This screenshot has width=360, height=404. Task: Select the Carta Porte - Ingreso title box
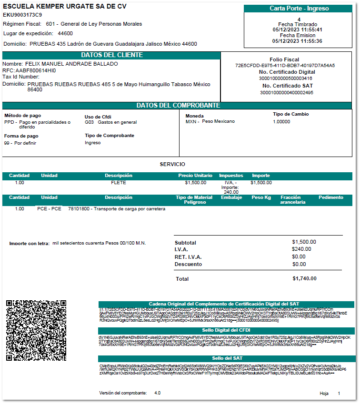299,9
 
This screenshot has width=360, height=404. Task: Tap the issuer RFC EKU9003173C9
22,15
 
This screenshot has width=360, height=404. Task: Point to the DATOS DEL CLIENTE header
111,55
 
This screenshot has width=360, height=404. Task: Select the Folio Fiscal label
285,59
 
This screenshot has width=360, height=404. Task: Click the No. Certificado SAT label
285,86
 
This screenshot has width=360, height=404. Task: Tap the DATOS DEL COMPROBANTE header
178,105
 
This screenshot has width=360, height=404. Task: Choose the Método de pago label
22,115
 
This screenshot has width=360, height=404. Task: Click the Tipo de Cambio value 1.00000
281,121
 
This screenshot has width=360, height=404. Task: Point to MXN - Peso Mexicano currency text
210,121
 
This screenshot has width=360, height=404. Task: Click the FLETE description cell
119,182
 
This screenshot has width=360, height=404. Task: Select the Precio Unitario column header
195,176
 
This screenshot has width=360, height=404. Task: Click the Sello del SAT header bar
224,358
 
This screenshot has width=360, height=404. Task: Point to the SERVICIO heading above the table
172,164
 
